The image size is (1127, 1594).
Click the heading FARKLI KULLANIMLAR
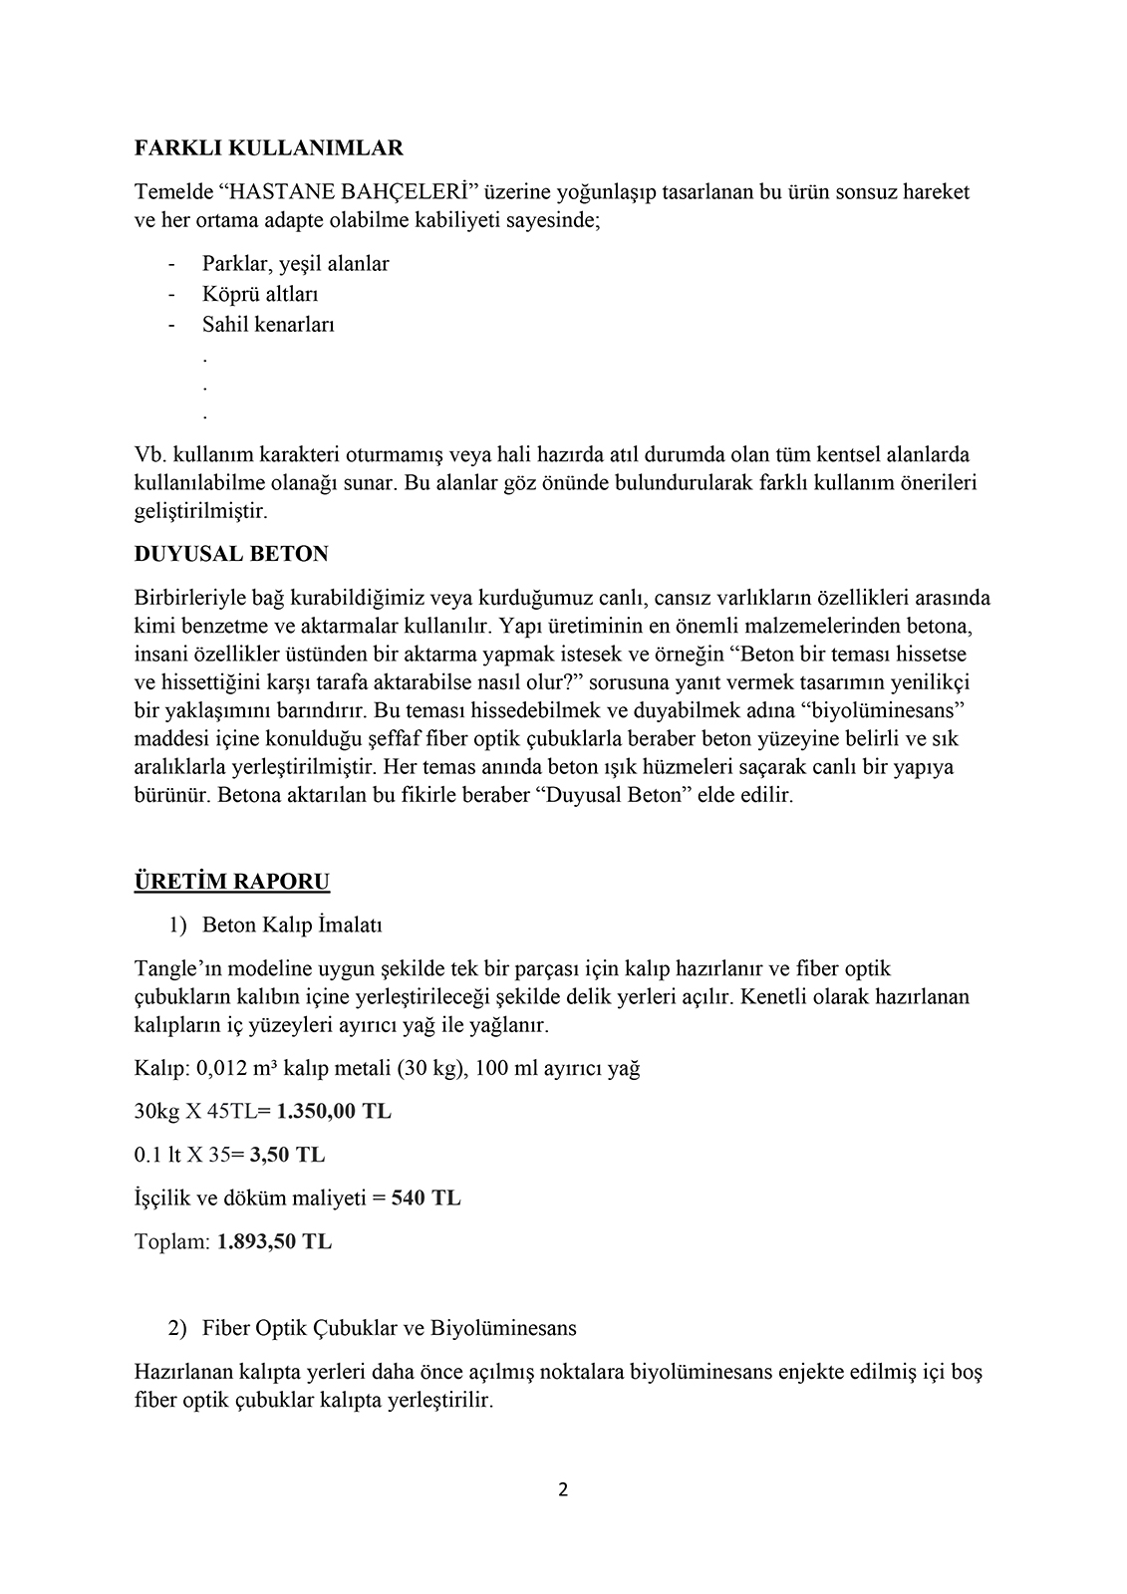[268, 148]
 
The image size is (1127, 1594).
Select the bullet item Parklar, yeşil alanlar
[295, 264]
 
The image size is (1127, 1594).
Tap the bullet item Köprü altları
[260, 294]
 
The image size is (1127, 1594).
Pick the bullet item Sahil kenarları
[268, 324]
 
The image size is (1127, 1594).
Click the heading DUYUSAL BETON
[231, 553]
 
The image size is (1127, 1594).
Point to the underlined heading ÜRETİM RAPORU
[232, 882]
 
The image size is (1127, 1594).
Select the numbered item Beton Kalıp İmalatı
[292, 925]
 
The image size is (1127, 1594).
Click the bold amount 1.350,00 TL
[334, 1111]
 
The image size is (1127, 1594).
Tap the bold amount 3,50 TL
[287, 1155]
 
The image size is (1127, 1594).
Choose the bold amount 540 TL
[425, 1197]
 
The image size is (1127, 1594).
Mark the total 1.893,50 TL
[274, 1241]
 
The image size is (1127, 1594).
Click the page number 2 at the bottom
[563, 1490]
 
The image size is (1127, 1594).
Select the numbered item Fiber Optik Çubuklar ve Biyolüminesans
[389, 1328]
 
